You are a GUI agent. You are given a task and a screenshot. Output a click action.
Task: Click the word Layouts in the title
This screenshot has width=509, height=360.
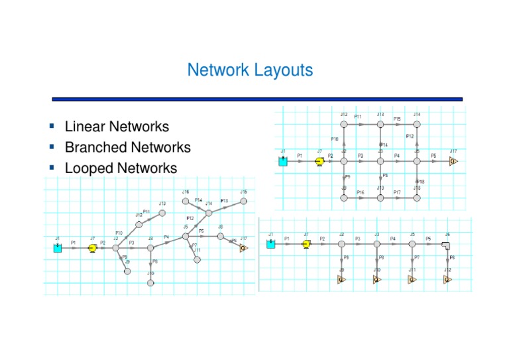tap(279, 70)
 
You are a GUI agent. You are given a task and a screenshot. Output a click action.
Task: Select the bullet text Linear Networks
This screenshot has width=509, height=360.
tap(117, 126)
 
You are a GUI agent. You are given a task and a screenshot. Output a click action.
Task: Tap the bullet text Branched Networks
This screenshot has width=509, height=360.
tap(127, 147)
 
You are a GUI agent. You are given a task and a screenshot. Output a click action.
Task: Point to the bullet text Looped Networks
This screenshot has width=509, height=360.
tap(121, 168)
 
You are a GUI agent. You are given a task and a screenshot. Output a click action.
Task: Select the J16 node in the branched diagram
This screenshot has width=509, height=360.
tap(186, 200)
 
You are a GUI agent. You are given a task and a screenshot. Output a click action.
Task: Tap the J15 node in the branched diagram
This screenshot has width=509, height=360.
tap(244, 201)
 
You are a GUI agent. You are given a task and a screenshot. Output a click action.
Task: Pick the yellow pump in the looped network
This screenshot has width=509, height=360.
tap(319, 161)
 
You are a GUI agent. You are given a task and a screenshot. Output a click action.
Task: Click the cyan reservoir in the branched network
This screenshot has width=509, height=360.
tap(58, 248)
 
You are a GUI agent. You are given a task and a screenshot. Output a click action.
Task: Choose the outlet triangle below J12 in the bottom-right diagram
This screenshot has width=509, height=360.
tap(448, 279)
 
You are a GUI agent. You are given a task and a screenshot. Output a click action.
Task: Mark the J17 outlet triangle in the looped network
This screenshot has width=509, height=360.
tap(452, 161)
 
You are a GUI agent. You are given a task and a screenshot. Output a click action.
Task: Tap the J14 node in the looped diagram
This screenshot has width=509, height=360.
tap(416, 124)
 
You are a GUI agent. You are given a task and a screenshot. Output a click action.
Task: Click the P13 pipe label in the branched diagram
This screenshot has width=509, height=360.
tap(224, 200)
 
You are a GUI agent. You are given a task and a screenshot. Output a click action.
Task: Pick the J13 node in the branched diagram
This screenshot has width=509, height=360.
tap(162, 212)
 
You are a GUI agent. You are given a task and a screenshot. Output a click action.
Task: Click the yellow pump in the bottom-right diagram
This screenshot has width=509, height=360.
tap(306, 244)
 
